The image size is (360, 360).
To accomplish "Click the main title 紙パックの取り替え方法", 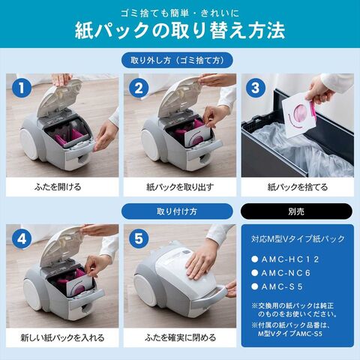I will pos(180,32).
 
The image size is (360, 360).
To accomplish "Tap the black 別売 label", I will pos(298,211).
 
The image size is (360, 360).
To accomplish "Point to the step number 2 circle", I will pos(139,88).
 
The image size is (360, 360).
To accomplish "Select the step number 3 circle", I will pos(256,88).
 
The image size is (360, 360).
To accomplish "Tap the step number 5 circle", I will pos(139,238).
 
